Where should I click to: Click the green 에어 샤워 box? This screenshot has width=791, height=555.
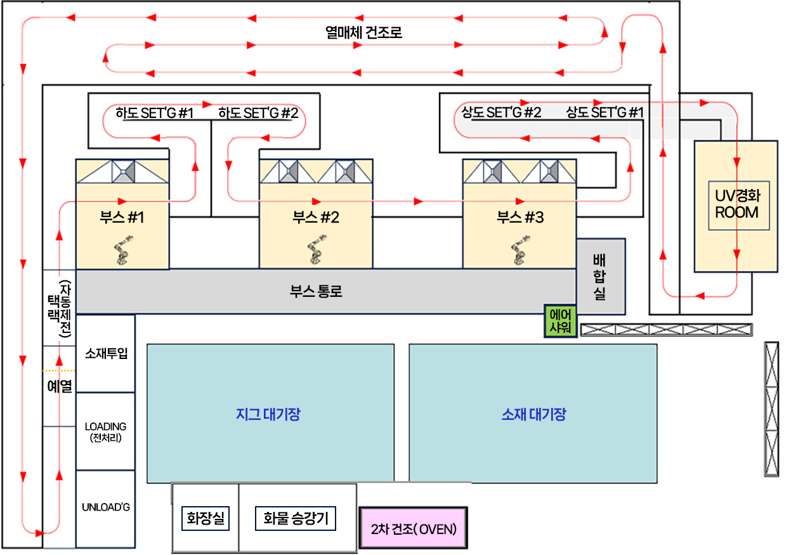click(x=561, y=321)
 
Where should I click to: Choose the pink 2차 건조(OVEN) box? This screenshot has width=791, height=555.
click(x=413, y=528)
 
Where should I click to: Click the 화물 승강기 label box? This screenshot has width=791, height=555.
click(x=295, y=519)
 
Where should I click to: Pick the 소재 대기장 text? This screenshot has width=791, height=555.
click(x=533, y=415)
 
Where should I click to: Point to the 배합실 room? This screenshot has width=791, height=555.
click(x=600, y=277)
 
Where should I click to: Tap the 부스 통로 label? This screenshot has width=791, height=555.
click(x=316, y=292)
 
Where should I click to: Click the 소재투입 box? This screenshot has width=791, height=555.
click(x=106, y=353)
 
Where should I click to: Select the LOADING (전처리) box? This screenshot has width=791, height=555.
click(x=106, y=431)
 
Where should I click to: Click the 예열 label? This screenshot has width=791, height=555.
click(x=60, y=386)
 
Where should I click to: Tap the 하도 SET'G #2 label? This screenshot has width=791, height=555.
click(x=258, y=114)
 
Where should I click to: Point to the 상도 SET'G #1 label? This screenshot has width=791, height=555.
click(x=605, y=113)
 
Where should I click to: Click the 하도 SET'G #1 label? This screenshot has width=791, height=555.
click(x=155, y=114)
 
